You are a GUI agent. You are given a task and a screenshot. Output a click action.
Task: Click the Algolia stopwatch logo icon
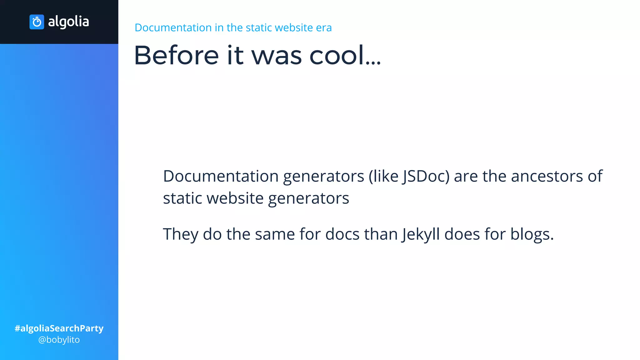(37, 22)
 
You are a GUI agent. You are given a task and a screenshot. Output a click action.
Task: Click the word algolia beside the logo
(68, 22)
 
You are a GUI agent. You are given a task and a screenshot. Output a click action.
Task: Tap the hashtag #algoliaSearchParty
(59, 328)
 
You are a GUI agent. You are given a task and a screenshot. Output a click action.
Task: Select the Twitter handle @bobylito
(59, 340)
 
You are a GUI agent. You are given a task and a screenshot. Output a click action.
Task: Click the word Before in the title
(176, 55)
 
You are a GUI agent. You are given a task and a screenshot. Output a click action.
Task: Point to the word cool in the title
(337, 55)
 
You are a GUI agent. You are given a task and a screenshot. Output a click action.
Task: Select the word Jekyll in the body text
(421, 234)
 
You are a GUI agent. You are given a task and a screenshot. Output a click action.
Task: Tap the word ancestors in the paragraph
(547, 176)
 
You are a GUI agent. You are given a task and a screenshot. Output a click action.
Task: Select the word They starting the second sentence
(180, 234)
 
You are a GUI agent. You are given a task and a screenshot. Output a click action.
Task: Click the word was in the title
(277, 55)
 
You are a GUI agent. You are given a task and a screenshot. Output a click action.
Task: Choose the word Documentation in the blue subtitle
(173, 28)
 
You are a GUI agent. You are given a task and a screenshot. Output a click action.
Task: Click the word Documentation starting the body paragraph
(221, 176)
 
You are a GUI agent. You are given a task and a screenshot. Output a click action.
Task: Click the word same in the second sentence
(275, 234)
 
